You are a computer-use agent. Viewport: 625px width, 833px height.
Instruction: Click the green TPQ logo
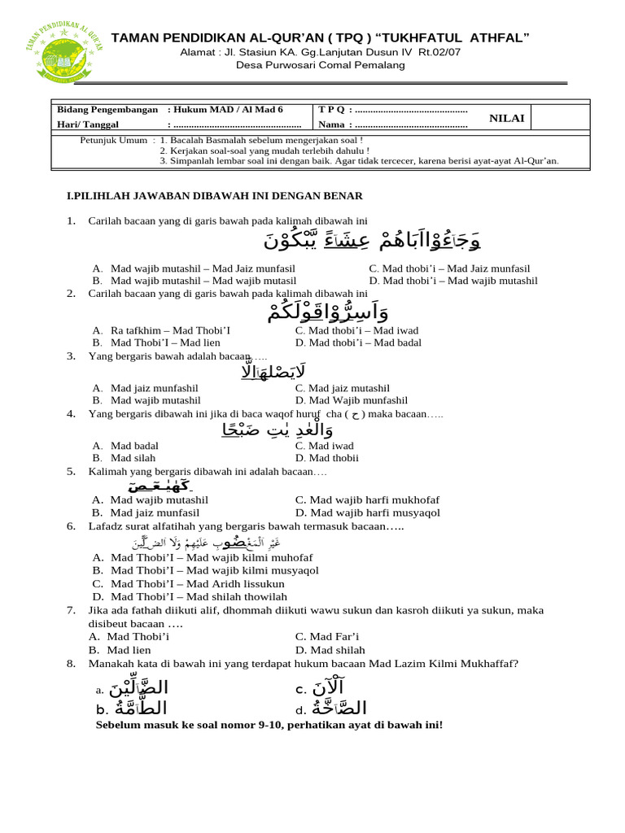(x=64, y=50)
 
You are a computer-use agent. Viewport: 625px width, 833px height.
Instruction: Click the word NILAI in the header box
(x=506, y=119)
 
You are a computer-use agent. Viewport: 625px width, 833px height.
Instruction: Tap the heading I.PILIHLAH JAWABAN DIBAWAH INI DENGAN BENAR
(x=214, y=196)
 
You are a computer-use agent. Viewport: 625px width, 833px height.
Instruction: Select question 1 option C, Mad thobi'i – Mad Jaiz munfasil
(x=449, y=268)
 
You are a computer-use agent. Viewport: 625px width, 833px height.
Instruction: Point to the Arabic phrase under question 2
(x=327, y=312)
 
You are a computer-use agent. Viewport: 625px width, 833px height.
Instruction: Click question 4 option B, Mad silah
(x=134, y=459)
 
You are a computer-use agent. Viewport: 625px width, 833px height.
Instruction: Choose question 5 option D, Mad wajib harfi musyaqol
(x=367, y=512)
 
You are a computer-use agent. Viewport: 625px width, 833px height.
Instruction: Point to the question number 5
(x=71, y=471)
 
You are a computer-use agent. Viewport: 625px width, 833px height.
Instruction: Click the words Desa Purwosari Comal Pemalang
(x=320, y=65)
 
